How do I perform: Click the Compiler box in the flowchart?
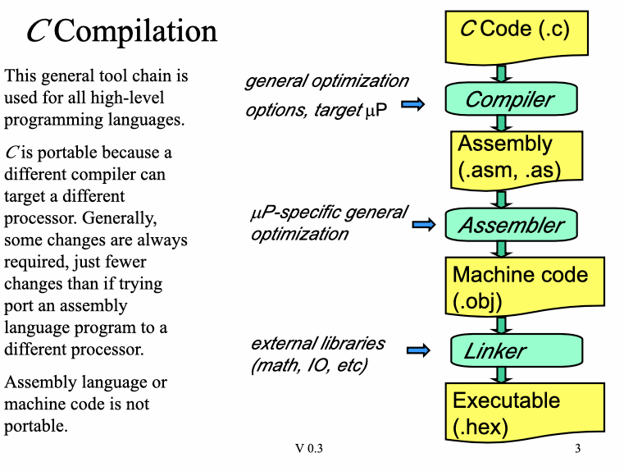(510, 100)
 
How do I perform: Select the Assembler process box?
(510, 225)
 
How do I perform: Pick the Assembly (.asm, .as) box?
(517, 157)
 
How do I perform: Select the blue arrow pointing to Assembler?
(423, 225)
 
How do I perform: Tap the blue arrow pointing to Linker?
(418, 351)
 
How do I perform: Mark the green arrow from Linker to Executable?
(503, 374)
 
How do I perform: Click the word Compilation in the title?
(136, 31)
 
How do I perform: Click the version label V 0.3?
(309, 449)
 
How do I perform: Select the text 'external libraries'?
(317, 343)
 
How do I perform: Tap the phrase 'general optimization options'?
(326, 81)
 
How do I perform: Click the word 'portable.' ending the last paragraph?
(36, 426)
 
